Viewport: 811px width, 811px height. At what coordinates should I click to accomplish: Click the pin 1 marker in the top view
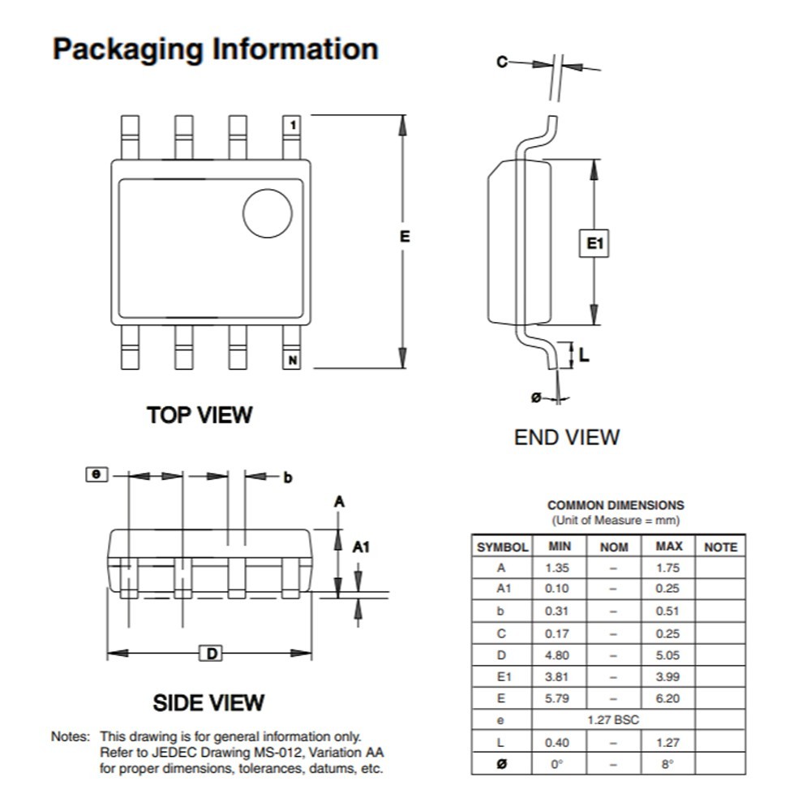click(292, 124)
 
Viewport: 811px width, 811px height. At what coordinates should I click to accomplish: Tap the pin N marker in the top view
click(292, 360)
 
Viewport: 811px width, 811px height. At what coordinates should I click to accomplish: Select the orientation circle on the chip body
click(268, 213)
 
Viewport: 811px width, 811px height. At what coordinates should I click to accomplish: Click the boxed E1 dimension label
click(595, 242)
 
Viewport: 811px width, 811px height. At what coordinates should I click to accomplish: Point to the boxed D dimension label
click(210, 654)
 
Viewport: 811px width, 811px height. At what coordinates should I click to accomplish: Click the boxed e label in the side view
click(97, 474)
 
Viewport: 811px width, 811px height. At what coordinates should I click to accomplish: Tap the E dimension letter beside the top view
click(404, 236)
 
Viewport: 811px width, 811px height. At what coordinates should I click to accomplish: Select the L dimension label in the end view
click(584, 354)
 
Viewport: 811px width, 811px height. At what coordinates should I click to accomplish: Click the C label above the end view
click(502, 62)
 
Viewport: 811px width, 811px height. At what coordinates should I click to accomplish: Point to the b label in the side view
click(287, 477)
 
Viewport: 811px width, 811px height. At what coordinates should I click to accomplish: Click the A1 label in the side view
click(361, 547)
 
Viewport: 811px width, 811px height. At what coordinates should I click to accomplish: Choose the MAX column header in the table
click(668, 547)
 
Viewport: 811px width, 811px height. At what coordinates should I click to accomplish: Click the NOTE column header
click(720, 547)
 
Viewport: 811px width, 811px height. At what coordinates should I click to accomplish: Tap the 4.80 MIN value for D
click(557, 654)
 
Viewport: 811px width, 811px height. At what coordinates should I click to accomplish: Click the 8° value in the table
click(667, 764)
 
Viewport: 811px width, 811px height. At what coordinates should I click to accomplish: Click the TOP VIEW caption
click(200, 415)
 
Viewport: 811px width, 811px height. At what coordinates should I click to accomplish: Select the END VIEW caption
click(567, 437)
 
